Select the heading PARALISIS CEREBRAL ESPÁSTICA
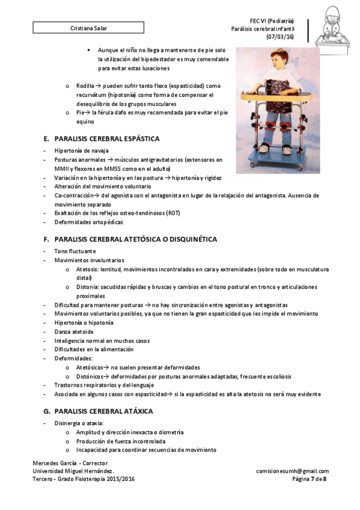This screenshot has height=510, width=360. [106, 139]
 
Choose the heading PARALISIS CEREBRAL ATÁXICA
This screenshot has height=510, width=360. [103, 411]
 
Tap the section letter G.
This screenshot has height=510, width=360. [46, 411]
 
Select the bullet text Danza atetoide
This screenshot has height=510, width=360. [74, 331]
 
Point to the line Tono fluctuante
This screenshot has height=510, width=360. [75, 251]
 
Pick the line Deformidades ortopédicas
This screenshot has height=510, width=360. [90, 222]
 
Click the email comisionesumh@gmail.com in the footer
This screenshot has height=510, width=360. [292, 471]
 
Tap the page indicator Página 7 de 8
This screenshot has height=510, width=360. [309, 479]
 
